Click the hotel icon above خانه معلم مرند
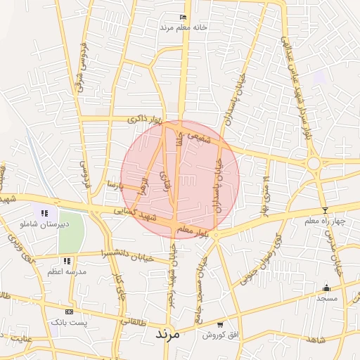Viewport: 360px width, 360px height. click(x=184, y=17)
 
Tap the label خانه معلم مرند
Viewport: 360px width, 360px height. click(x=184, y=27)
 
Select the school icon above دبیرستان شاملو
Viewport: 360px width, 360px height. click(x=44, y=213)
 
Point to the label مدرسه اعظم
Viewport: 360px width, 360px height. click(x=67, y=271)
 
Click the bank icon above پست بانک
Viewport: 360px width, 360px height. click(x=68, y=311)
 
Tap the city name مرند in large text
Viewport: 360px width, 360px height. click(x=167, y=334)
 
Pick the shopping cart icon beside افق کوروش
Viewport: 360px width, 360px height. click(x=221, y=325)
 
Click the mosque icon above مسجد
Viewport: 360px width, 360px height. click(x=326, y=288)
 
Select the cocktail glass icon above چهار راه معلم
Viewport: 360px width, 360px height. click(x=325, y=211)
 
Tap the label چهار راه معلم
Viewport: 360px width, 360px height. click(x=326, y=221)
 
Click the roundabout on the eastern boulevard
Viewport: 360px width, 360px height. click(x=313, y=164)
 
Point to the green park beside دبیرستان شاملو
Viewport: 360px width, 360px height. click(x=70, y=231)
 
